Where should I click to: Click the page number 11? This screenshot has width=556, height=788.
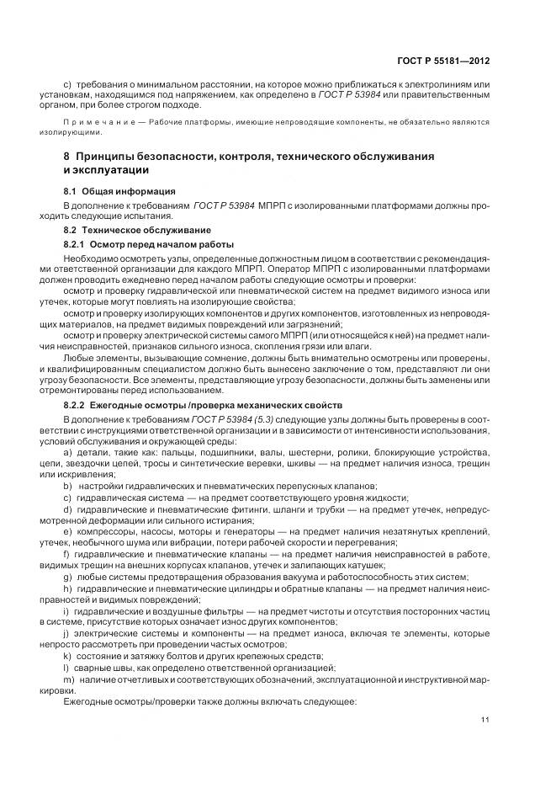click(x=485, y=718)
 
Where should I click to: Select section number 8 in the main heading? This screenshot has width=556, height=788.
click(x=66, y=157)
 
